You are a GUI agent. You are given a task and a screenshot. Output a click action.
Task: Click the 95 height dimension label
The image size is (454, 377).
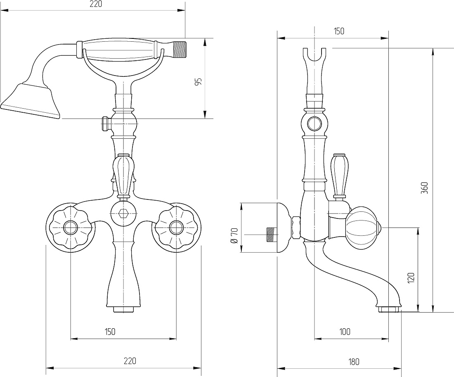198,82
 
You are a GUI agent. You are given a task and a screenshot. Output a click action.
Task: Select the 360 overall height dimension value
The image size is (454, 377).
424,188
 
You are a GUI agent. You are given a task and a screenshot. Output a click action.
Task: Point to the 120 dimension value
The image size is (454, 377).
411,278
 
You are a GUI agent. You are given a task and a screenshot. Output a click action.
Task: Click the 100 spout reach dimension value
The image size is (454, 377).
345,332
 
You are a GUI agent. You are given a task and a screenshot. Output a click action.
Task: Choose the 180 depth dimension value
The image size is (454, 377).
353,362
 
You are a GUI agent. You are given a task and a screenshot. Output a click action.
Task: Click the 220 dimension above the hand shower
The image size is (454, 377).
96,4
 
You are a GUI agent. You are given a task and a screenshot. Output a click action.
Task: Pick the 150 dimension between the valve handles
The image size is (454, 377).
110,332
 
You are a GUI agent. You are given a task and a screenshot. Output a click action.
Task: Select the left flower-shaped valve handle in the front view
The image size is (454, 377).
70,228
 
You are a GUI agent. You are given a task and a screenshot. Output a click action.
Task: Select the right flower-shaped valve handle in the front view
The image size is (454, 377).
176,228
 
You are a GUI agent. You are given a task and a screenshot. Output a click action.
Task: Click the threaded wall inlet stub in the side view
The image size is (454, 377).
271,234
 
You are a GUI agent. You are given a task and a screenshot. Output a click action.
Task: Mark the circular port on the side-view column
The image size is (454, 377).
314,124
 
